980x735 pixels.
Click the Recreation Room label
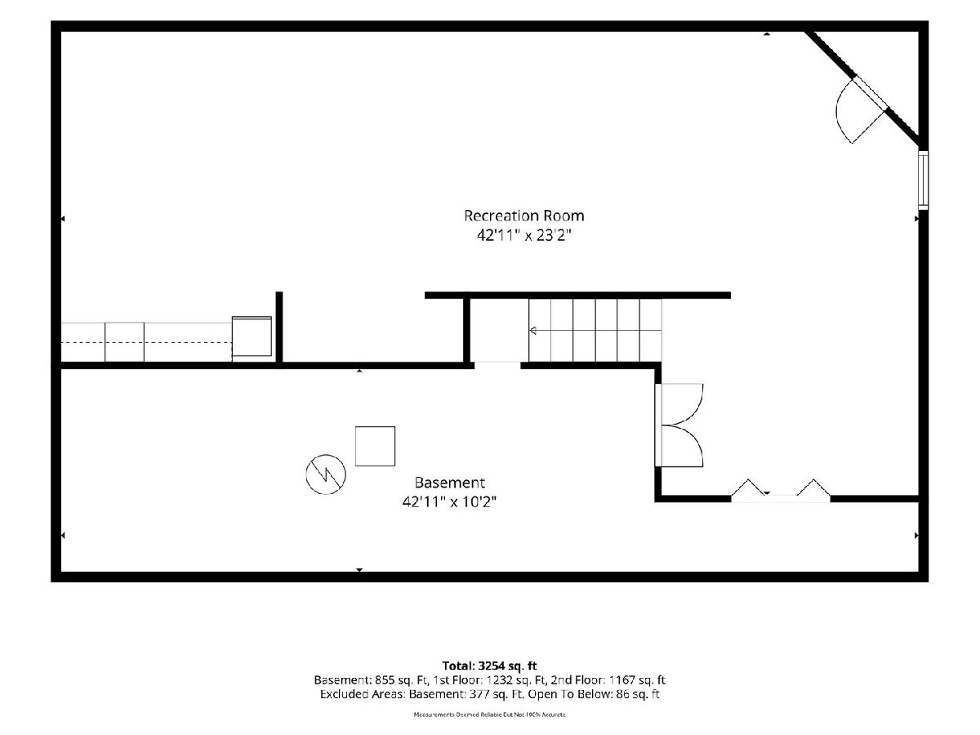[x=523, y=216]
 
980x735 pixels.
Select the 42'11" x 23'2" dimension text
[x=523, y=235]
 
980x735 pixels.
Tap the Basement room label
[x=449, y=483]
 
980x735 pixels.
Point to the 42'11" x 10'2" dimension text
[x=449, y=502]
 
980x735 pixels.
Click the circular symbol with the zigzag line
[x=326, y=474]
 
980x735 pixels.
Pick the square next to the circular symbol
[x=375, y=446]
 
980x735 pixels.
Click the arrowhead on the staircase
[x=532, y=331]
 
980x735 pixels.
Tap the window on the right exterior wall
[x=923, y=180]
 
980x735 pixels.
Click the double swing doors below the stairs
[x=679, y=425]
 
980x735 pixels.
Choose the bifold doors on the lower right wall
[x=781, y=491]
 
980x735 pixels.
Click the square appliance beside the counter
[x=252, y=337]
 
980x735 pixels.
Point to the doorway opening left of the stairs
[x=497, y=366]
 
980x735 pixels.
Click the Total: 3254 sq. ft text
[x=489, y=666]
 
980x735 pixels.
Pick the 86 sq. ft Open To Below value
[x=638, y=694]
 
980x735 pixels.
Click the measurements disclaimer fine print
[x=489, y=715]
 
